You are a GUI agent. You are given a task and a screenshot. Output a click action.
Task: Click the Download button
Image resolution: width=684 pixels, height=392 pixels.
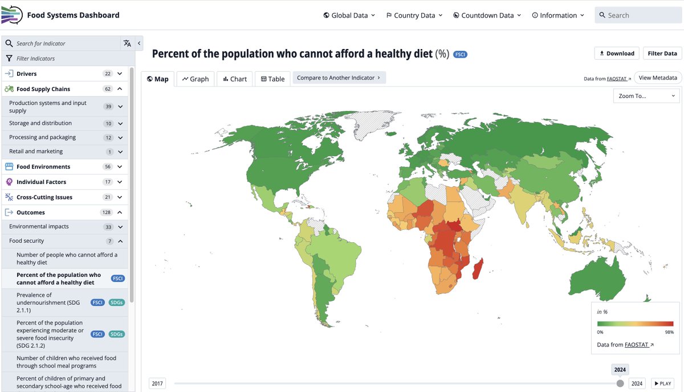pyautogui.click(x=617, y=54)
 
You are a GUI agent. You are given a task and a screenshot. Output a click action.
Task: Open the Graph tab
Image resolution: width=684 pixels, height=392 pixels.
pyautogui.click(x=196, y=79)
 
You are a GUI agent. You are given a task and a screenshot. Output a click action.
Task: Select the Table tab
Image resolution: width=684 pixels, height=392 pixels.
pyautogui.click(x=272, y=79)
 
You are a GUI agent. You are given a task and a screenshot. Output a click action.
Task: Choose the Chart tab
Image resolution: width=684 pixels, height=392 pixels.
pyautogui.click(x=234, y=79)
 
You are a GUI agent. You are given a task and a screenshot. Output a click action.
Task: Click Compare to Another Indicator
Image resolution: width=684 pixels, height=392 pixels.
pyautogui.click(x=339, y=78)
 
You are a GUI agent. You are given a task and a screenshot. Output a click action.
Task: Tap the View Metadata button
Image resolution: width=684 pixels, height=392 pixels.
pyautogui.click(x=658, y=78)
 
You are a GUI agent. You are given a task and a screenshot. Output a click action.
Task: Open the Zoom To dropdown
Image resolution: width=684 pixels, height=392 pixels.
pyautogui.click(x=646, y=96)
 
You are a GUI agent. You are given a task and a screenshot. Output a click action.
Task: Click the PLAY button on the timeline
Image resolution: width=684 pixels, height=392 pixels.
pyautogui.click(x=662, y=383)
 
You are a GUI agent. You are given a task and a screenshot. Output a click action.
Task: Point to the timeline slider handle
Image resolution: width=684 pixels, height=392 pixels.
pyautogui.click(x=620, y=383)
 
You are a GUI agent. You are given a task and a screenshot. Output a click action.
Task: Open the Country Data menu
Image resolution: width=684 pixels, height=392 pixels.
pyautogui.click(x=414, y=15)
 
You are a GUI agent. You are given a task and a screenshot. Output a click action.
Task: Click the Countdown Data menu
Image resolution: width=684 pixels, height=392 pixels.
pyautogui.click(x=487, y=15)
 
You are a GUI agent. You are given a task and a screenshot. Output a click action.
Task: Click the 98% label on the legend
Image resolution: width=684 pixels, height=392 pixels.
pyautogui.click(x=669, y=332)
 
